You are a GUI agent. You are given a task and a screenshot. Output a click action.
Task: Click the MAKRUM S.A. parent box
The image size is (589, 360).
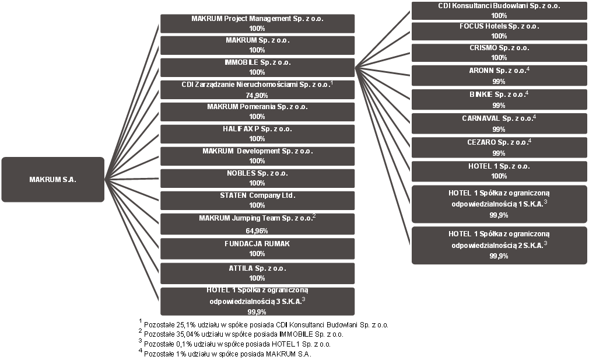[53, 180]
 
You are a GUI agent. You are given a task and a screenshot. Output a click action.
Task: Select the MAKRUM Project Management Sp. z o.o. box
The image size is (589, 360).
[257, 24]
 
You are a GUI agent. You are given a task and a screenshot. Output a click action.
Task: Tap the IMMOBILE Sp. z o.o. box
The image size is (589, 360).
[257, 68]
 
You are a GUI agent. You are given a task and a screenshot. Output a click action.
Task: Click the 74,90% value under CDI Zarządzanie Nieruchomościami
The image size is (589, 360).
[257, 96]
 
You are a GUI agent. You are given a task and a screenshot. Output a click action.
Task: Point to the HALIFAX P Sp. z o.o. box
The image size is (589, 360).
[257, 134]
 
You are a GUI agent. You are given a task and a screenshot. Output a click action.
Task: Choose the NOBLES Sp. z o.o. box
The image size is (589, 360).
[257, 179]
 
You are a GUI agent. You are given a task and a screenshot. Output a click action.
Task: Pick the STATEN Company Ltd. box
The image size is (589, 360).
[257, 201]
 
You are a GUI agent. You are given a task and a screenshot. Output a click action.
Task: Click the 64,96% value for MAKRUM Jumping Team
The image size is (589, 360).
[257, 230]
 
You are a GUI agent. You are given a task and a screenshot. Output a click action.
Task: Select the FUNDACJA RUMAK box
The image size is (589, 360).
[257, 249]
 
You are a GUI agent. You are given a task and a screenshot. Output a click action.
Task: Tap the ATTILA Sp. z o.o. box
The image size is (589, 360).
[257, 274]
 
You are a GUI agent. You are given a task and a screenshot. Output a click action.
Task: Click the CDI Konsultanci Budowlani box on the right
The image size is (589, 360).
[499, 11]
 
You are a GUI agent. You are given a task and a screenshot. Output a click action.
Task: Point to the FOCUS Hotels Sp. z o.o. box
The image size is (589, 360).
[499, 32]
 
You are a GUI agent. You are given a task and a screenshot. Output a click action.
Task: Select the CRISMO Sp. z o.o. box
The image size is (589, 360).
[499, 53]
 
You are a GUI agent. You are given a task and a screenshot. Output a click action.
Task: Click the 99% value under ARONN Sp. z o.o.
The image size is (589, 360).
[499, 82]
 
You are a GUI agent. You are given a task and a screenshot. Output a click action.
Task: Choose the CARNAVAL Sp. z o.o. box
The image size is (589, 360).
[499, 124]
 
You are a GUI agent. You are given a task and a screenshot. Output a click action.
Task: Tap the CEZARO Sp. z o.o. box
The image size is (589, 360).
[499, 148]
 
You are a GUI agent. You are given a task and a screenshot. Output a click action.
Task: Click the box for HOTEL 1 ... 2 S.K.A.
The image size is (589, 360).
[499, 246]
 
